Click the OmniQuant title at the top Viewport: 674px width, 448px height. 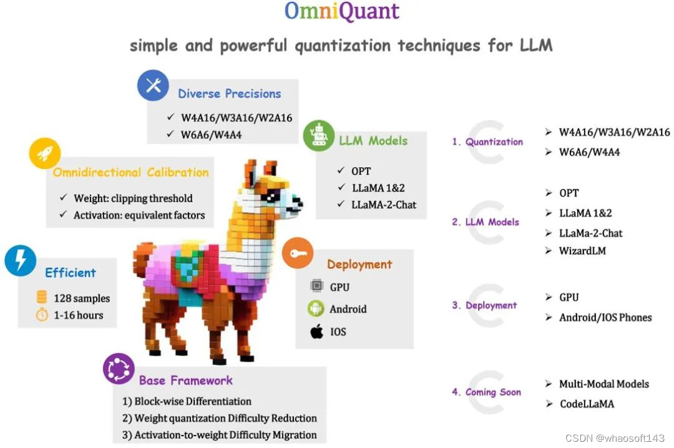point(341,11)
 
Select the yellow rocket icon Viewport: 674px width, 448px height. point(45,153)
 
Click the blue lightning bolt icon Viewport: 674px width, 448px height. point(20,260)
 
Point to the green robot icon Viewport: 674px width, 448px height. point(318,135)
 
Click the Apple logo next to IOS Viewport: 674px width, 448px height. point(317,331)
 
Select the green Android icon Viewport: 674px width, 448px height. point(316,308)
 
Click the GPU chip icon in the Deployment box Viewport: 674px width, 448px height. point(317,286)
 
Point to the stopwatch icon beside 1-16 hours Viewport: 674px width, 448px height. point(42,315)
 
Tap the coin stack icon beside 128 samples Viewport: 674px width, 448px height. point(42,298)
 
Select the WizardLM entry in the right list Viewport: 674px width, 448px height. point(582,251)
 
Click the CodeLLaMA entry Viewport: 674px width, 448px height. point(586,404)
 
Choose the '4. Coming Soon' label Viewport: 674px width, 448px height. point(486,392)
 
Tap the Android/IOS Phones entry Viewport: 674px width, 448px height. point(605,317)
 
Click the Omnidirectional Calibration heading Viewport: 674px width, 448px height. point(130,172)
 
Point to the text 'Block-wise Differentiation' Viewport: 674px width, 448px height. point(193,401)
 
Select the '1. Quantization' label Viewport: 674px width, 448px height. point(487,142)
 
